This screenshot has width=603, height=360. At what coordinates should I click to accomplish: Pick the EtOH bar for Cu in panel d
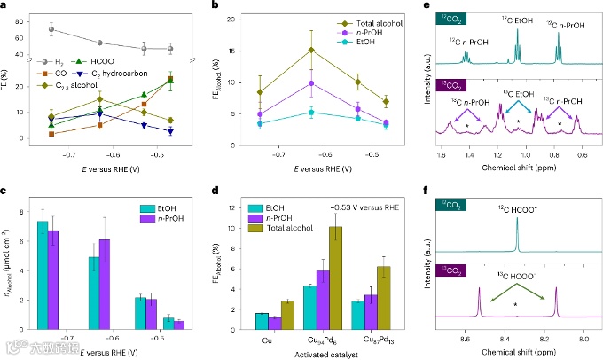(260, 322)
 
